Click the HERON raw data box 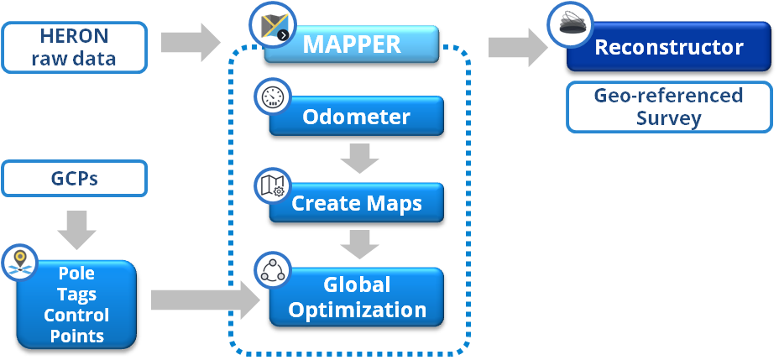point(74,47)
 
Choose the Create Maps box point(357,203)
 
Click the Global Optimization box point(357,298)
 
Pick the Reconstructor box point(669,47)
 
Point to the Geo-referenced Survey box point(668,107)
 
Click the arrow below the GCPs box point(75,227)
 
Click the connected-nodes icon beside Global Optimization point(274,270)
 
